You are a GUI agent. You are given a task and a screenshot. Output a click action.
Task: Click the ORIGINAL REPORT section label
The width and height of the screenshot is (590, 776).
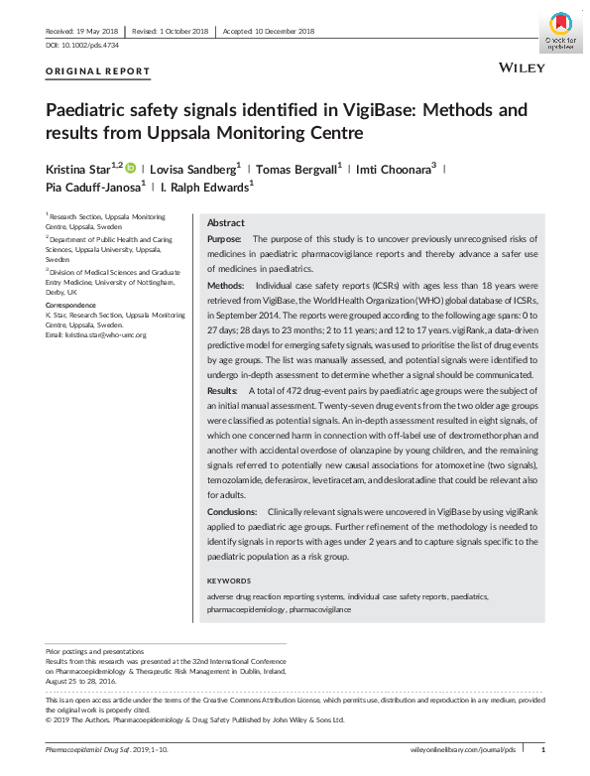point(98,71)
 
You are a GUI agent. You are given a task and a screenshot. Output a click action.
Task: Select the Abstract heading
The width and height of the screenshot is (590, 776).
point(225,223)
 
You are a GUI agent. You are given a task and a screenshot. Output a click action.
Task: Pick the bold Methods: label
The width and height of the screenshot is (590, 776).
point(226,285)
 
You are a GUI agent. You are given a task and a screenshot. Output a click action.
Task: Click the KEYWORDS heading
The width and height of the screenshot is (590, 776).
point(228,581)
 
